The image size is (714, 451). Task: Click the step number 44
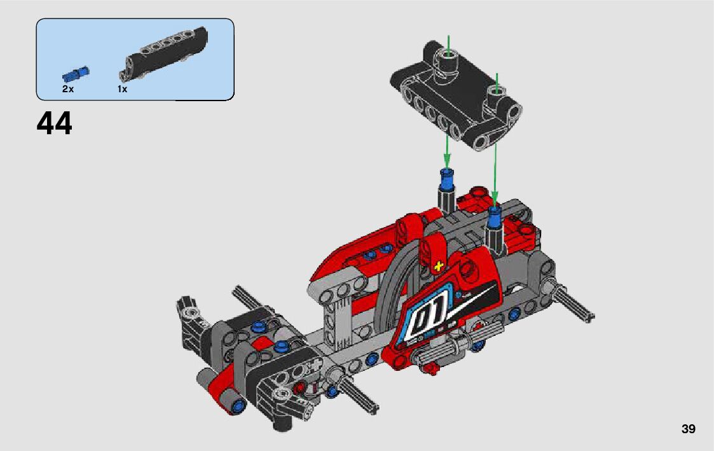click(x=54, y=123)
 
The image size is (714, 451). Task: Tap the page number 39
click(x=689, y=429)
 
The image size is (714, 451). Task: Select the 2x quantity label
click(x=68, y=89)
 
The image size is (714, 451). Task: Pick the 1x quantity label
click(x=122, y=89)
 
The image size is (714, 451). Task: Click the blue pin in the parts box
click(x=76, y=74)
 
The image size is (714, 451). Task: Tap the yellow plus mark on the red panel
click(x=439, y=266)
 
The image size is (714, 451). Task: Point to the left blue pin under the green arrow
click(x=447, y=177)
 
